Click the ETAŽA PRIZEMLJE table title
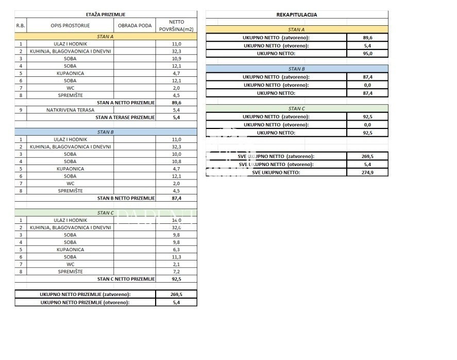105,14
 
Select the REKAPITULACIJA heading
296,14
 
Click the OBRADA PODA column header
134,25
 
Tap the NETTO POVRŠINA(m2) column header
176,25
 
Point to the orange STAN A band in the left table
105,37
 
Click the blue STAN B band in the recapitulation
296,69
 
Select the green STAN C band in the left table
105,212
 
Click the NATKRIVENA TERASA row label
70,110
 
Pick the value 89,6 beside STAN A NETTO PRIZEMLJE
176,103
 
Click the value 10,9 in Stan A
176,59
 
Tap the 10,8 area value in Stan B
176,161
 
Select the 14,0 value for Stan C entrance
176,220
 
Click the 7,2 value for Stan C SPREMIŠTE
176,271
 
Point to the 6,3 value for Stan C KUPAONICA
176,250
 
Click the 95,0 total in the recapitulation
367,53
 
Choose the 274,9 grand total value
367,172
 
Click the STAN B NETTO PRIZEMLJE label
126,198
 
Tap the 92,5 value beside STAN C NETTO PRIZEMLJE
176,279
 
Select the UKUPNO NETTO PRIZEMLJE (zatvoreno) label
85,294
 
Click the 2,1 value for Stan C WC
176,264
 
